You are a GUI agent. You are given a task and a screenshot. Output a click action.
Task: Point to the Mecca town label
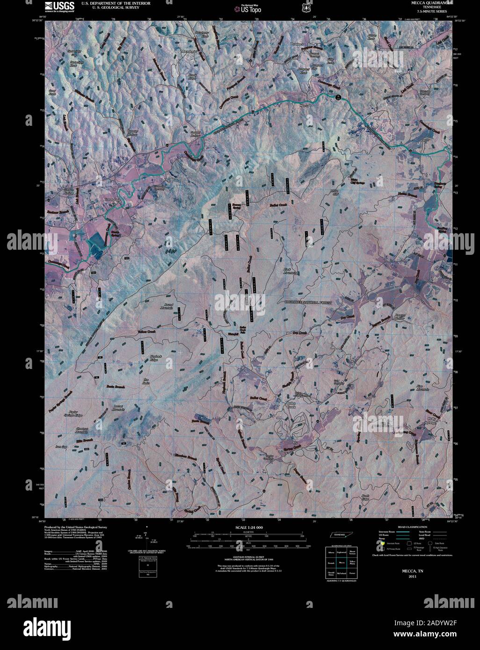click(304, 106)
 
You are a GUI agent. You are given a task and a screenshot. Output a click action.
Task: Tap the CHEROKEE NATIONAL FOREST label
click(308, 303)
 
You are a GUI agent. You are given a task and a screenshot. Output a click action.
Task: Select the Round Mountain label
click(167, 306)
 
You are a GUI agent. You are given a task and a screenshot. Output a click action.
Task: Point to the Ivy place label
click(295, 442)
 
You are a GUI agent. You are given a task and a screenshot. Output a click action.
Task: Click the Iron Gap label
click(62, 447)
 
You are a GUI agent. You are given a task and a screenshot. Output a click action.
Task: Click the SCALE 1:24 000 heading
click(248, 527)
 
